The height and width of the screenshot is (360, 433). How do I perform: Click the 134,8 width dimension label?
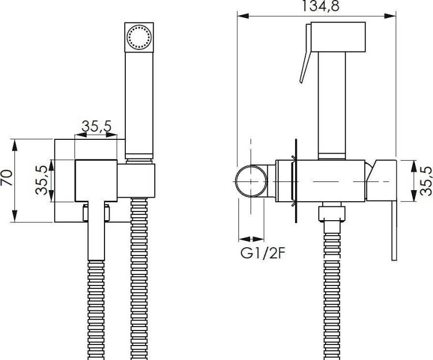[x=320, y=6]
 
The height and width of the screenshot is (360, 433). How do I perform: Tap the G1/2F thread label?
[x=262, y=253]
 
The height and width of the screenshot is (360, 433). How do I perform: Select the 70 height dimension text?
[x=6, y=178]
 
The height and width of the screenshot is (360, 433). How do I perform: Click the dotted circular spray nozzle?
[x=139, y=37]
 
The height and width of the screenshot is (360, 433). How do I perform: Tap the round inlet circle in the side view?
[x=251, y=181]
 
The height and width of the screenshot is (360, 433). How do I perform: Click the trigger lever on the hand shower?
[x=305, y=53]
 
